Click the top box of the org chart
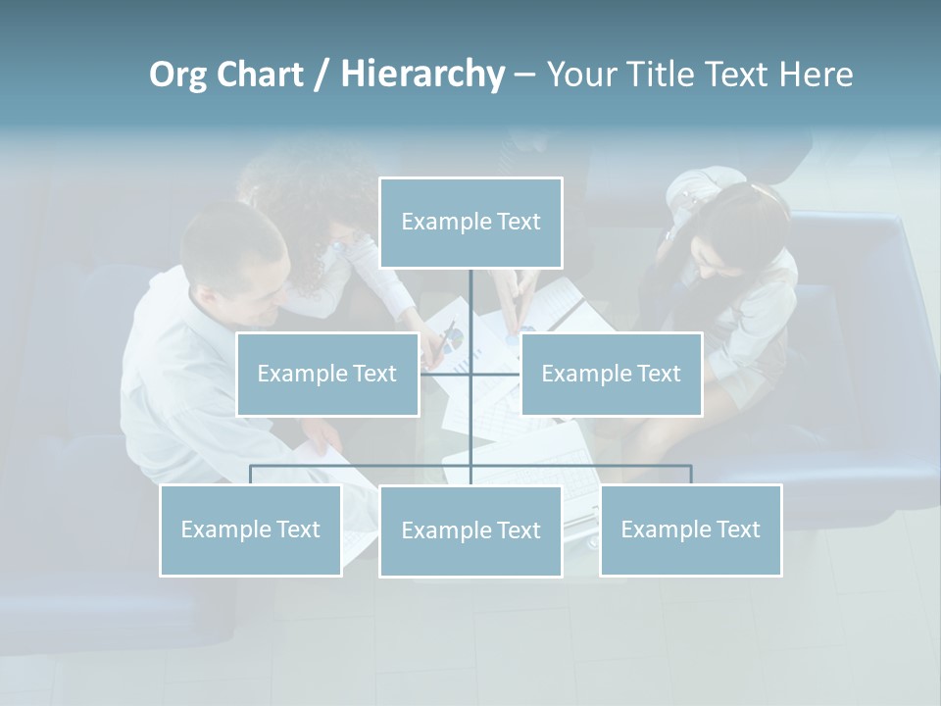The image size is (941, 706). tap(470, 223)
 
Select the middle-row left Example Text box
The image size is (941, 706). tap(327, 374)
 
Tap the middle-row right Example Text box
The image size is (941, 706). tap(611, 374)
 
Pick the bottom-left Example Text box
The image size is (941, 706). tap(251, 529)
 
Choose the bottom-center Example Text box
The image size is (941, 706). tap(470, 530)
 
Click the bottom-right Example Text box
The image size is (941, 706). tap(690, 529)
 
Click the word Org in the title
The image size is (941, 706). tap(177, 75)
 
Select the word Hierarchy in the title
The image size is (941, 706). tap(422, 75)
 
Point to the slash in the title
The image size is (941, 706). tap(322, 76)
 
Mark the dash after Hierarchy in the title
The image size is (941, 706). tap(524, 76)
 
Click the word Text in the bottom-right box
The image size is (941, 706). tap(738, 529)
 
